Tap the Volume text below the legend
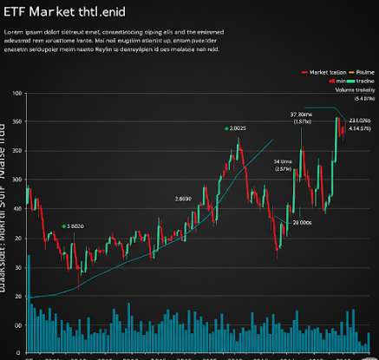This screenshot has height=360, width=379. pyautogui.click(x=350, y=88)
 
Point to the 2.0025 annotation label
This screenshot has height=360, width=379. pyautogui.click(x=238, y=128)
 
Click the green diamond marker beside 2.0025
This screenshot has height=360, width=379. pyautogui.click(x=226, y=128)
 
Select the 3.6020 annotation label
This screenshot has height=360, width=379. pyautogui.click(x=75, y=226)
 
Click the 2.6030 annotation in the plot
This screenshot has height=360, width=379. pyautogui.click(x=183, y=199)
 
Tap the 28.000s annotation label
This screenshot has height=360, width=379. pyautogui.click(x=302, y=223)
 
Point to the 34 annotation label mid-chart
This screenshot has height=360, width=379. pyautogui.click(x=282, y=162)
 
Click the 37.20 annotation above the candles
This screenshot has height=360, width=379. pyautogui.click(x=302, y=114)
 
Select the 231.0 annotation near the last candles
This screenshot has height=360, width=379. pyautogui.click(x=359, y=120)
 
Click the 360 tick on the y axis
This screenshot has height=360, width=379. pyautogui.click(x=16, y=121)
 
